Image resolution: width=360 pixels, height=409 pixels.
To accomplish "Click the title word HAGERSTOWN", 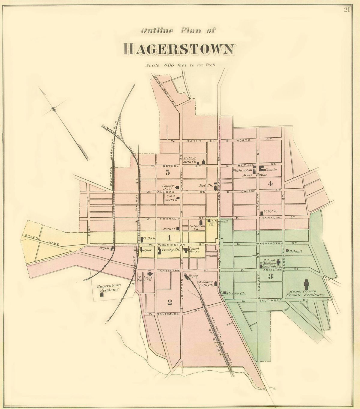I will click(x=179, y=49).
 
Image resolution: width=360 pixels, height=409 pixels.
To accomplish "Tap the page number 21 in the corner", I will click(x=347, y=10).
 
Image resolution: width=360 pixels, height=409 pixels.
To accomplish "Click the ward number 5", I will click(x=167, y=172).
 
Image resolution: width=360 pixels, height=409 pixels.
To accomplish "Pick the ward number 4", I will click(x=270, y=184).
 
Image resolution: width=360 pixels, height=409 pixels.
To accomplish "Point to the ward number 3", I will click(x=270, y=276).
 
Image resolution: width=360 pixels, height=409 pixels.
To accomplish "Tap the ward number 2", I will click(x=169, y=302).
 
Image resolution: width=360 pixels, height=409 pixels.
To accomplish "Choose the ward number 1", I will click(x=169, y=238).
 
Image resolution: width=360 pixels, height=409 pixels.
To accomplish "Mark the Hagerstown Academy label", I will click(x=108, y=288).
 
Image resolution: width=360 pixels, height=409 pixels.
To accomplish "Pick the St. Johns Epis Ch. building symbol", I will click(x=150, y=274).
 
